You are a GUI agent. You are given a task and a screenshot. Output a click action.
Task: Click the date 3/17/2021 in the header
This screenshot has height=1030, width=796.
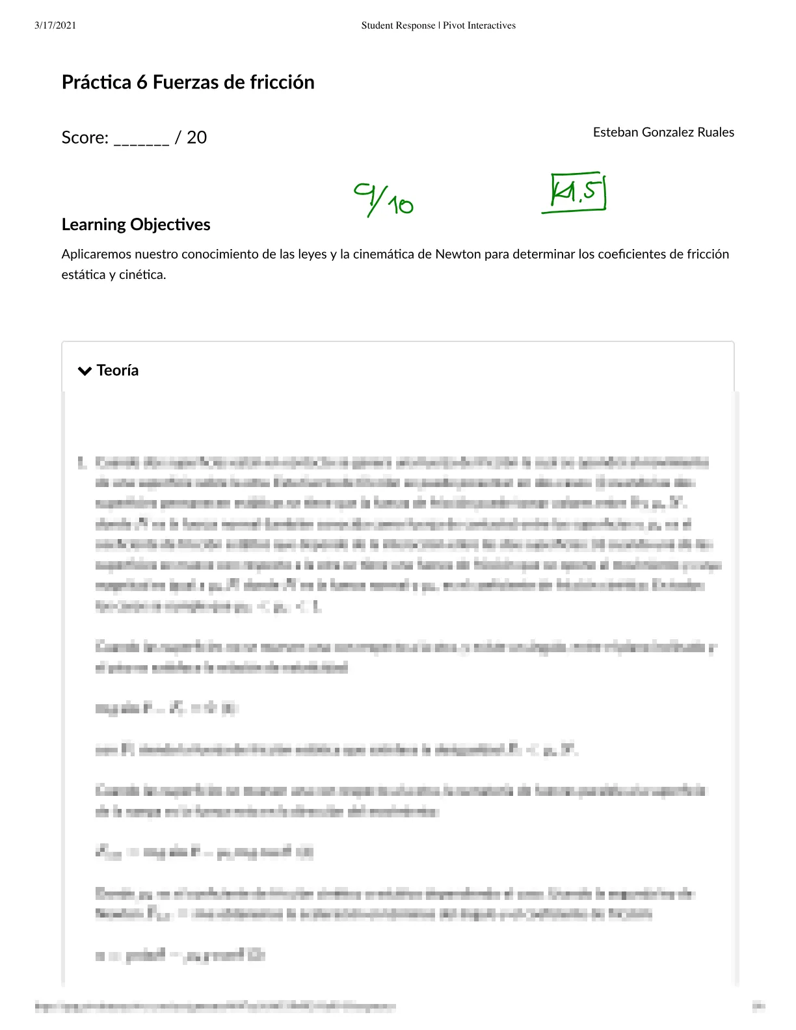(55, 25)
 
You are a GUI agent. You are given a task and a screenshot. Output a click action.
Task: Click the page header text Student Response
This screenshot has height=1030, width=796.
(398, 25)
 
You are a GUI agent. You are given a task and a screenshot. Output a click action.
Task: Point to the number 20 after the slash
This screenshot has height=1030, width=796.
(196, 138)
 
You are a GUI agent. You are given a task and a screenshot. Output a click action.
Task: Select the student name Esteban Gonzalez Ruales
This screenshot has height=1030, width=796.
(663, 133)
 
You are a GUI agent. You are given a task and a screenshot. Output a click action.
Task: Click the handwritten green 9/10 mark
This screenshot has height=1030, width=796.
(384, 199)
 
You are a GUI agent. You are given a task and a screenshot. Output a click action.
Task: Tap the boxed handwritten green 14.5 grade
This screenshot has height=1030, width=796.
(577, 192)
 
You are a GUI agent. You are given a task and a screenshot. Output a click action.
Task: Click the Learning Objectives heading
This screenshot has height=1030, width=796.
(136, 224)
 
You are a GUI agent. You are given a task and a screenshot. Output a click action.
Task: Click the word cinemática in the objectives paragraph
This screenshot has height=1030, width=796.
(383, 254)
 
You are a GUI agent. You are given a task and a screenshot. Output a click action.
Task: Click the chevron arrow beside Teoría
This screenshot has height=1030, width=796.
(85, 371)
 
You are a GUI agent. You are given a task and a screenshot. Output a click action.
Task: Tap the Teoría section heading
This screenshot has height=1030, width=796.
(118, 371)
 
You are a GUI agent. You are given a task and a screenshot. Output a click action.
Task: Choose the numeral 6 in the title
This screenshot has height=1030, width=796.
(142, 83)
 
